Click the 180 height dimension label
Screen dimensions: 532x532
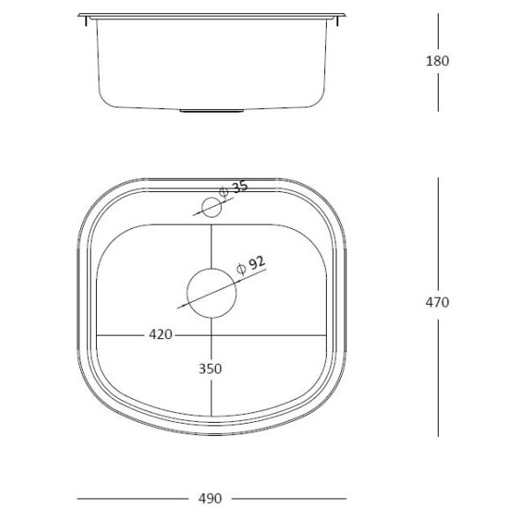coord(438,62)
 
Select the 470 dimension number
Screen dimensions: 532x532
coord(438,302)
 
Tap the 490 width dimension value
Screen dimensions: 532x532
coord(210,499)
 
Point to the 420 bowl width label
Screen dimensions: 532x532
coord(159,335)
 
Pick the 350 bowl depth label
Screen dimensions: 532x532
coord(211,368)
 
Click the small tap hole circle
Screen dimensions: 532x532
coord(211,208)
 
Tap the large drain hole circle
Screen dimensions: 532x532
coord(211,292)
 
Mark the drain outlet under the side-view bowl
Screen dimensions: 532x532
coord(211,111)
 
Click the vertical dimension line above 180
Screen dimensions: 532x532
coord(438,32)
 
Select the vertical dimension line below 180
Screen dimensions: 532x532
coord(438,92)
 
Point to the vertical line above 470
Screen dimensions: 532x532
coord(438,233)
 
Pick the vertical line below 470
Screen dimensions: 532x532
coord(438,374)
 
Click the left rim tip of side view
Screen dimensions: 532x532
coord(80,17)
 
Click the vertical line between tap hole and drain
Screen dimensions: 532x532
coord(211,242)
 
